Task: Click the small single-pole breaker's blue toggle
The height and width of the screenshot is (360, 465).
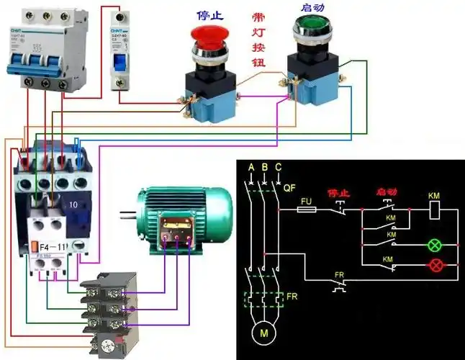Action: click(119, 58)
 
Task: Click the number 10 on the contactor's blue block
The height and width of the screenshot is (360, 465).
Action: click(74, 205)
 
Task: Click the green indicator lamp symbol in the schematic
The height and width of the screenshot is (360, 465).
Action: click(435, 244)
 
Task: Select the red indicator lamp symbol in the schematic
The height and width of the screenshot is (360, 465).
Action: click(435, 265)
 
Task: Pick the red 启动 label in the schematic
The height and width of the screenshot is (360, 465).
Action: click(386, 193)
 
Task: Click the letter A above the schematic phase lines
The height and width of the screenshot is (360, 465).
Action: click(250, 168)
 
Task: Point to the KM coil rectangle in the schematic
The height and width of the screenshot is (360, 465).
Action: click(434, 210)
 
